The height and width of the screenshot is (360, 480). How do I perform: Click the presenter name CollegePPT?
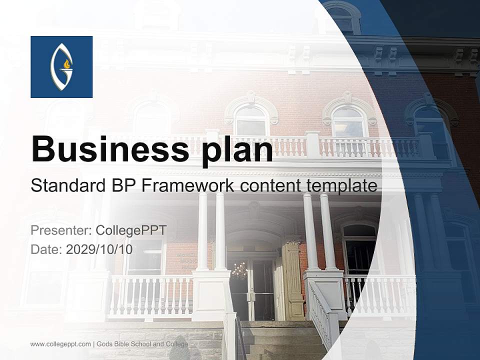click(130, 230)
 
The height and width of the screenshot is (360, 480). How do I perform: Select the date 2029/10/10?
click(99, 249)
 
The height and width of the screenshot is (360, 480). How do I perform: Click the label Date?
click(46, 249)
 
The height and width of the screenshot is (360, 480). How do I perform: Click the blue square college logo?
click(61, 67)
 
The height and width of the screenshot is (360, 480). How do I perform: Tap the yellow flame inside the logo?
click(66, 64)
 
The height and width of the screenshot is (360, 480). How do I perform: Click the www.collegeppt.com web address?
click(60, 344)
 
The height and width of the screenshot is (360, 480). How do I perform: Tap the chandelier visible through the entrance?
click(239, 271)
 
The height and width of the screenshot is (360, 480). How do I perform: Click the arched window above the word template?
click(348, 120)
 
